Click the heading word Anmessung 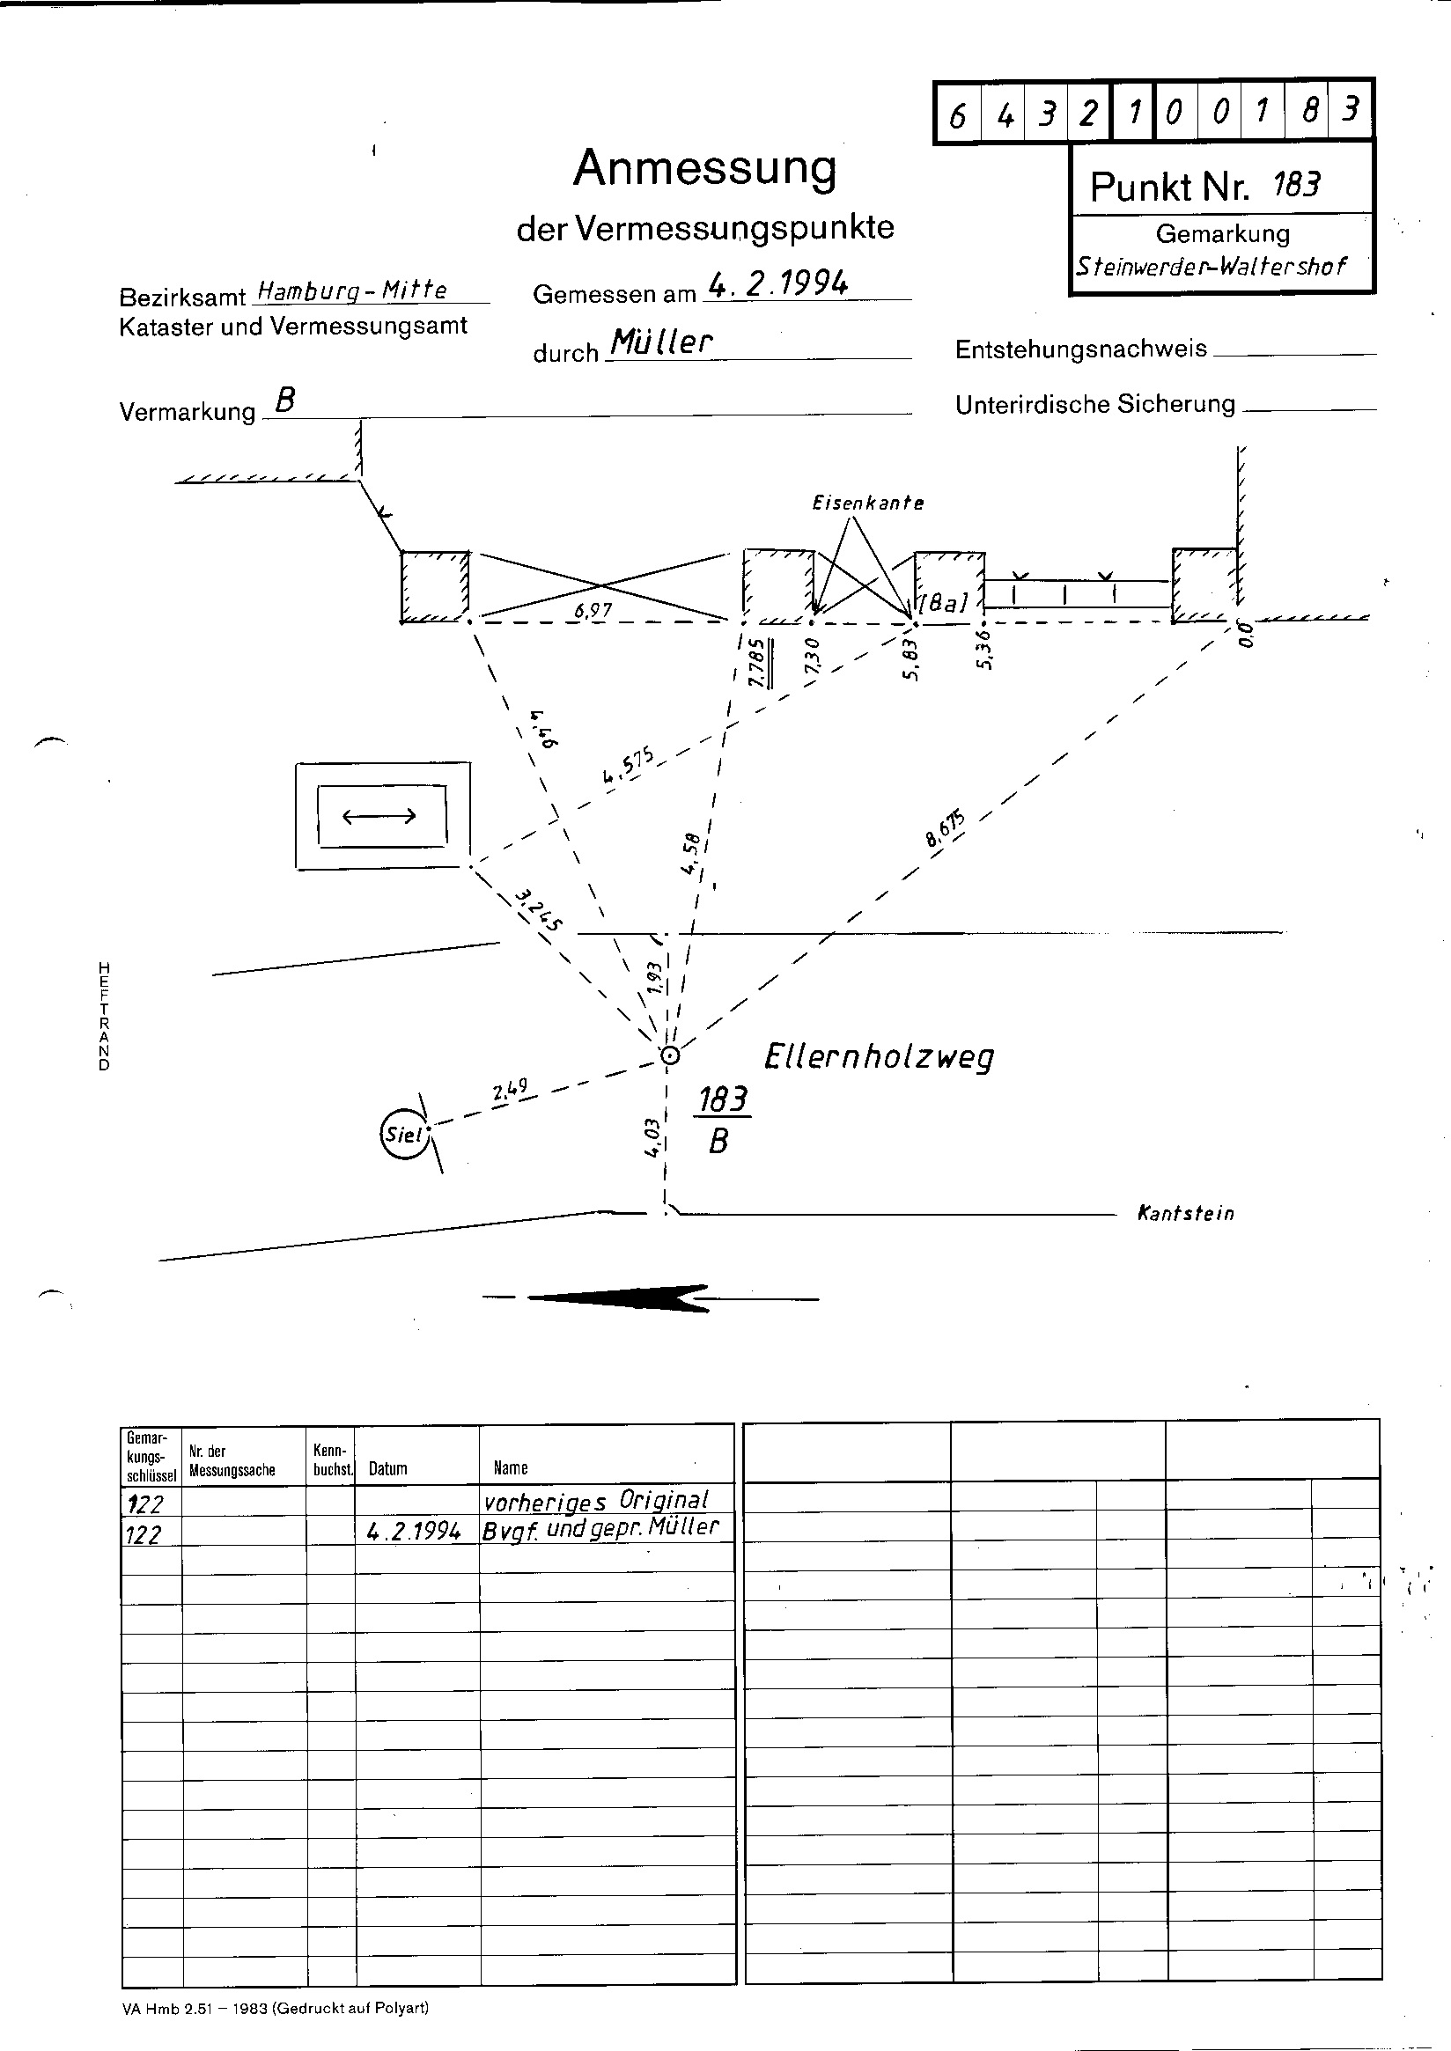pyautogui.click(x=705, y=168)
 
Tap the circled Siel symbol pyautogui.click(x=403, y=1136)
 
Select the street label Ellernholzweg pyautogui.click(x=880, y=1057)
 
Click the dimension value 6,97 pyautogui.click(x=593, y=610)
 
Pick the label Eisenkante pyautogui.click(x=867, y=503)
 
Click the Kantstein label pyautogui.click(x=1186, y=1213)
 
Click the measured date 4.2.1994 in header pyautogui.click(x=777, y=284)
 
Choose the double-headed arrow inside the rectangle pyautogui.click(x=379, y=815)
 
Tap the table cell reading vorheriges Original pyautogui.click(x=596, y=1500)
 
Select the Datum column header pyautogui.click(x=387, y=1468)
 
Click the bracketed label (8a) pyautogui.click(x=943, y=603)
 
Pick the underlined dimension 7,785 pyautogui.click(x=757, y=663)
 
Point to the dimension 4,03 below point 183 pyautogui.click(x=652, y=1137)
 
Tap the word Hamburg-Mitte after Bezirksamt pyautogui.click(x=351, y=290)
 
